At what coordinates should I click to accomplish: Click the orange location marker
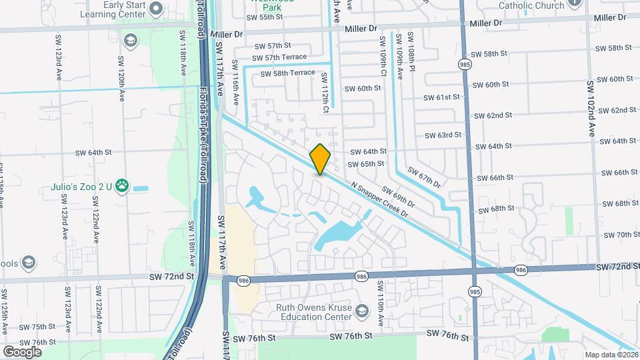(x=320, y=159)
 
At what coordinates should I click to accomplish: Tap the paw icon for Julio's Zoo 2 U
(x=122, y=186)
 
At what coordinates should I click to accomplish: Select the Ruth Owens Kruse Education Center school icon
(x=361, y=311)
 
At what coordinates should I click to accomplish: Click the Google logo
(x=21, y=351)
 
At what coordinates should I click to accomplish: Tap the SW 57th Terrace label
(x=278, y=57)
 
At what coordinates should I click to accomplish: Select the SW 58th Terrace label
(x=287, y=73)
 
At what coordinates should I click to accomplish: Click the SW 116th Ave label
(x=235, y=82)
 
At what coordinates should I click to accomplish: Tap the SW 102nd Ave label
(x=591, y=109)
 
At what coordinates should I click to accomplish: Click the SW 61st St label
(x=442, y=97)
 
